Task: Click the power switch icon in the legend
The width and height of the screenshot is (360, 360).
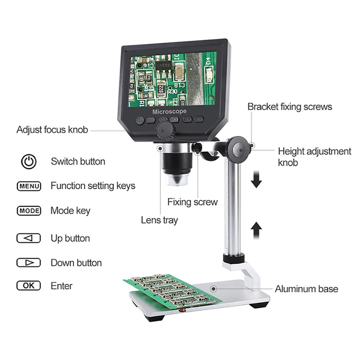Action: tap(29, 161)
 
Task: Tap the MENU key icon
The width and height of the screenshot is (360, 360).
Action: tap(29, 186)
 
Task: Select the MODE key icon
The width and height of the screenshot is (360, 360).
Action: tap(29, 211)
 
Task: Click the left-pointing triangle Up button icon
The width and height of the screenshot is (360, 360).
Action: tap(29, 238)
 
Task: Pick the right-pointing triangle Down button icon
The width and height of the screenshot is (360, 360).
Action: tap(29, 263)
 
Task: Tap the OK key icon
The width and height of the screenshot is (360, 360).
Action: tap(29, 286)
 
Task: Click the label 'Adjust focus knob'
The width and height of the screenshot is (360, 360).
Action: tap(52, 129)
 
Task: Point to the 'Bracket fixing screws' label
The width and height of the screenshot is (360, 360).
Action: tap(290, 106)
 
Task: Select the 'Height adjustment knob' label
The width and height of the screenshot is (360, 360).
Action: tap(314, 156)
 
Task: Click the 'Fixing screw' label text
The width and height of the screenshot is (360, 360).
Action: tap(192, 202)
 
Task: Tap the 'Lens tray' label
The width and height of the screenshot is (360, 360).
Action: tap(159, 220)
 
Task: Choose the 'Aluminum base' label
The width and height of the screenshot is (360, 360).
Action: tap(306, 288)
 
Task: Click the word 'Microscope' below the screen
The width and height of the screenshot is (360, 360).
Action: tap(169, 111)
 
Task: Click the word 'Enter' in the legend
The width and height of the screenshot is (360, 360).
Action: tap(61, 286)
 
